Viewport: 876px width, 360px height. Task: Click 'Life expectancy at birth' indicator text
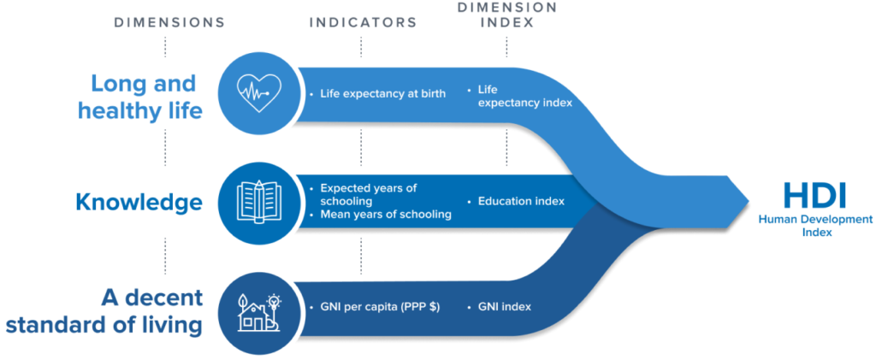tap(382, 93)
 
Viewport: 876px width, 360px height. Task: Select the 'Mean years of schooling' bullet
tap(385, 214)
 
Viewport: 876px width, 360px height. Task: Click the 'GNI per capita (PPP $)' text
tap(380, 307)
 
